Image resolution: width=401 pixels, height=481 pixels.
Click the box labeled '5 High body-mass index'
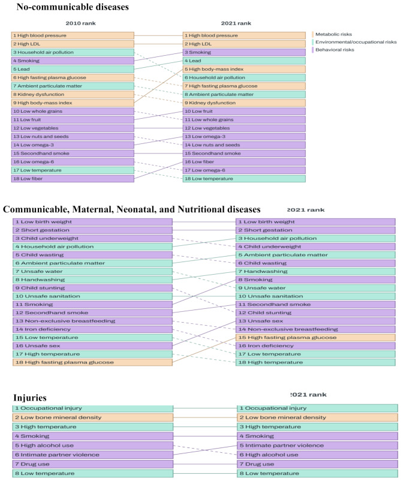point(244,69)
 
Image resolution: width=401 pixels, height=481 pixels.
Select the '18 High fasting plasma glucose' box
point(93,362)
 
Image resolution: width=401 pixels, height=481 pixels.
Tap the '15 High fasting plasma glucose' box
point(315,338)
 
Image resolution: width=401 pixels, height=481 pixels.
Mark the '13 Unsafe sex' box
point(315,321)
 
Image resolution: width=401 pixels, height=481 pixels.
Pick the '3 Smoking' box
point(244,52)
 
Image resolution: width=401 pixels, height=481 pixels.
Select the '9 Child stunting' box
point(93,287)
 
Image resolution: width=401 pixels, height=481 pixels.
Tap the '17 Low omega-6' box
point(244,170)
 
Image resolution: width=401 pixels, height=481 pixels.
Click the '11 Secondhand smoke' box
point(315,304)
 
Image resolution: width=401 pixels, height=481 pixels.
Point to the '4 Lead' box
point(244,61)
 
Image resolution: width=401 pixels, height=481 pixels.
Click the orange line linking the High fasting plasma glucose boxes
point(204,350)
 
